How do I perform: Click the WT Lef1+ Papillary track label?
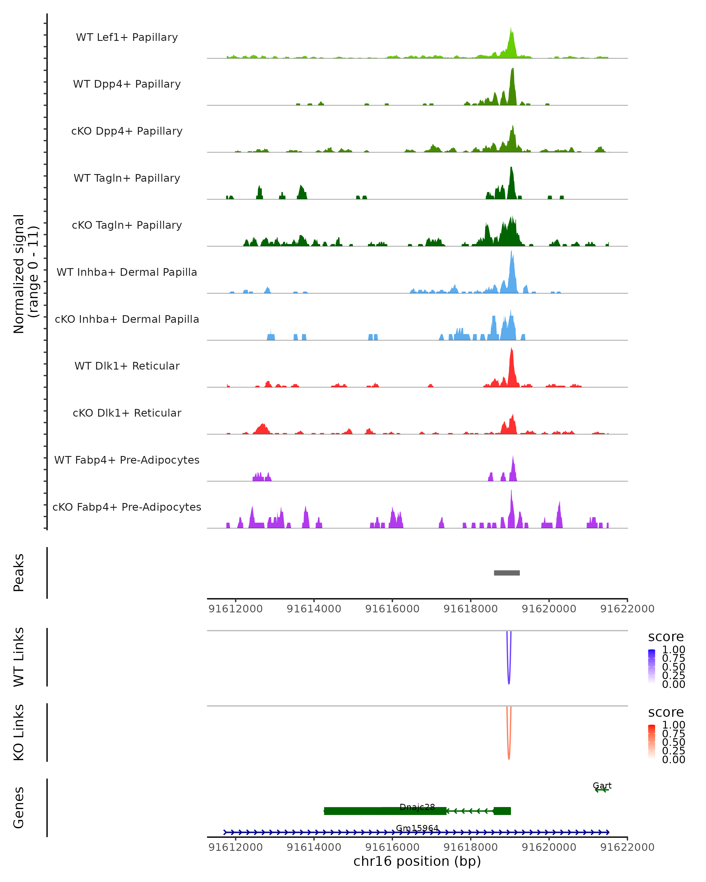pyautogui.click(x=127, y=37)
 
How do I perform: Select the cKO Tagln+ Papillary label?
pyautogui.click(x=127, y=225)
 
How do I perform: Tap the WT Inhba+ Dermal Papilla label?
pyautogui.click(x=127, y=272)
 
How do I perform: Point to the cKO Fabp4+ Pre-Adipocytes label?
pyautogui.click(x=127, y=507)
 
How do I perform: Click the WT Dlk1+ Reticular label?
pyautogui.click(x=127, y=366)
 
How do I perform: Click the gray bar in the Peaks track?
pyautogui.click(x=507, y=573)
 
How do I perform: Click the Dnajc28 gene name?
pyautogui.click(x=417, y=807)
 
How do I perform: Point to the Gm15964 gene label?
pyautogui.click(x=417, y=828)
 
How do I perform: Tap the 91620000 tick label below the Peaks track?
pyautogui.click(x=549, y=609)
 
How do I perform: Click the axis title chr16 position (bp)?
pyautogui.click(x=417, y=861)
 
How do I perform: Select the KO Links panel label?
pyautogui.click(x=19, y=732)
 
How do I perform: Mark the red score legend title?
pyautogui.click(x=666, y=712)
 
